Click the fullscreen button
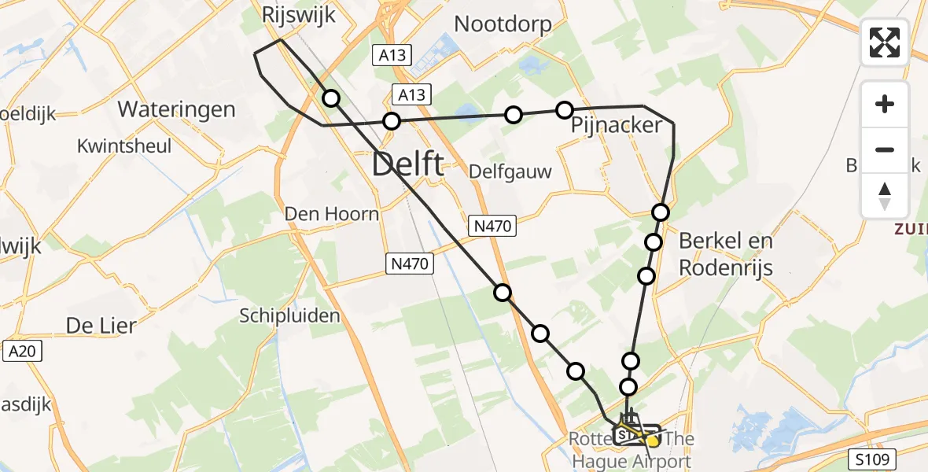click(885, 42)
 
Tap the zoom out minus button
click(885, 149)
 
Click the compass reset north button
click(885, 196)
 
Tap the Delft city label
click(407, 165)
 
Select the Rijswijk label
click(298, 14)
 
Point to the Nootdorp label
click(503, 24)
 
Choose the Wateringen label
click(176, 109)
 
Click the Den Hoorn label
click(332, 214)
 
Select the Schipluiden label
click(290, 316)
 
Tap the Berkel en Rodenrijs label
click(726, 254)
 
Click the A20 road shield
click(21, 352)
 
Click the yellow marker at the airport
click(652, 441)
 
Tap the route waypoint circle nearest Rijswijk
click(331, 98)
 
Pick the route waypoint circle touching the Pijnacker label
click(564, 110)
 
